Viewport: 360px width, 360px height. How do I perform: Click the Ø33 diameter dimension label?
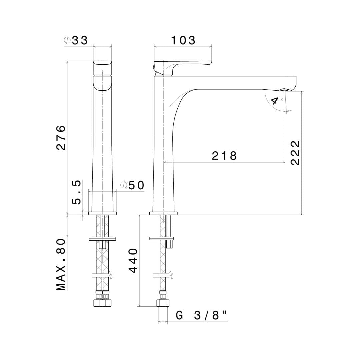[76, 40]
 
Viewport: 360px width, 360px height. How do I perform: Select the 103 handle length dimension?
[183, 40]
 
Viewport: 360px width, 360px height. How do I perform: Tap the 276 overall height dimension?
[61, 138]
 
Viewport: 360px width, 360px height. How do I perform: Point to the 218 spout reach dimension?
[224, 156]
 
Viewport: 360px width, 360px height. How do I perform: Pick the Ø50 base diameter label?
[132, 185]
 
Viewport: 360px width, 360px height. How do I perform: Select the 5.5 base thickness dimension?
[76, 192]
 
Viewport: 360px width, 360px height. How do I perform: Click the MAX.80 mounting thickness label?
[61, 265]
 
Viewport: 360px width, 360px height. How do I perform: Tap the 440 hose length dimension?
[133, 260]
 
